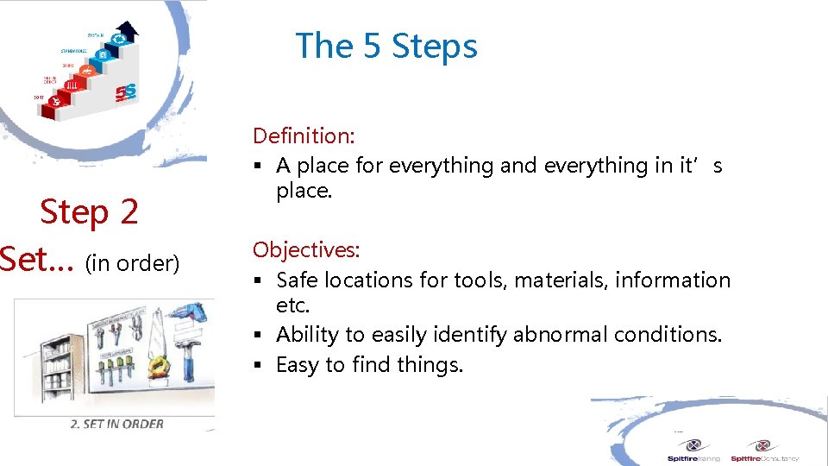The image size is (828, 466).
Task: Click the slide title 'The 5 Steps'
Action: (x=386, y=46)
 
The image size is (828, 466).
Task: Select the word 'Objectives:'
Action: (x=306, y=250)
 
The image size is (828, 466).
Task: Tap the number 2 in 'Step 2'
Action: (x=129, y=211)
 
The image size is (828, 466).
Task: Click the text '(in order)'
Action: (x=133, y=263)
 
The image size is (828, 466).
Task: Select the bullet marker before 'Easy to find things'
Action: (x=257, y=366)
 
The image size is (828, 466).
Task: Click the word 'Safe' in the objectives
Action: (x=297, y=280)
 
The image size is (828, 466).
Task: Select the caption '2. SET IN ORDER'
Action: (x=116, y=423)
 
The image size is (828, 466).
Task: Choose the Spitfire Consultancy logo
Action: (x=764, y=451)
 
